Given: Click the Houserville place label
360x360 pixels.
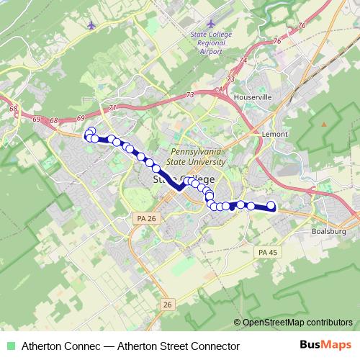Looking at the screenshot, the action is click(x=253, y=95).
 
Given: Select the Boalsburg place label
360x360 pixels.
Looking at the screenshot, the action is click(x=330, y=231).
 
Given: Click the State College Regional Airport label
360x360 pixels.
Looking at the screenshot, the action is click(x=207, y=43).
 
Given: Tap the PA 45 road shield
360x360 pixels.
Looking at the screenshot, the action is click(x=267, y=251).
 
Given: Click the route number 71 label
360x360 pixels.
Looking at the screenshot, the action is click(x=112, y=108).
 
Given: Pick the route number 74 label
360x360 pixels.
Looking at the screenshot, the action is click(x=243, y=60).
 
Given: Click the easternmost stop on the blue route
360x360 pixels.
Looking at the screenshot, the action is click(x=271, y=206).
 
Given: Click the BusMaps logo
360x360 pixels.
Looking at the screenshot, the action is click(x=330, y=346).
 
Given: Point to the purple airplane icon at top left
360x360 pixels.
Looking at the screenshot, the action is click(x=90, y=26).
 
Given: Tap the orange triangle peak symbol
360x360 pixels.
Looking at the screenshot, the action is click(x=323, y=124).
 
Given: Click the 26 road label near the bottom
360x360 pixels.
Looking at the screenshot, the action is click(x=167, y=305).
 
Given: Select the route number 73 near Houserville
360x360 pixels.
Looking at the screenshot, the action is click(x=230, y=78).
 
